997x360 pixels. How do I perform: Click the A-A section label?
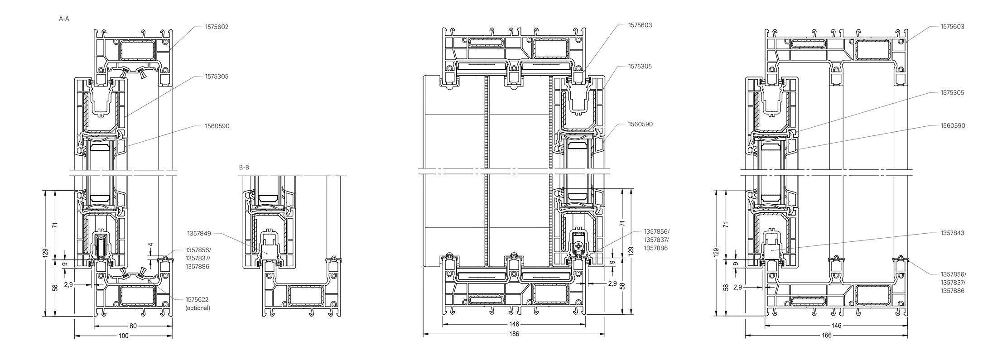[64, 19]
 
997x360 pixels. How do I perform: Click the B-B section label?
[244, 168]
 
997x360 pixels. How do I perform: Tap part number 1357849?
[199, 234]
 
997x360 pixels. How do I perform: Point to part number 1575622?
[197, 300]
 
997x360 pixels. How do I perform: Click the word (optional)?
[198, 308]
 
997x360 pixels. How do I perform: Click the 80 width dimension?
[133, 326]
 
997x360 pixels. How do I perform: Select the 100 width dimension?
[123, 336]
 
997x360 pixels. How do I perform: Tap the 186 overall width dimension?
[514, 334]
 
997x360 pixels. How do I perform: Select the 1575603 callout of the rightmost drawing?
[953, 27]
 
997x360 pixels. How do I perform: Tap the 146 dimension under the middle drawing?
[514, 324]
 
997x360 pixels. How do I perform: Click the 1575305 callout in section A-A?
[217, 77]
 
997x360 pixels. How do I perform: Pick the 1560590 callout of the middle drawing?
[640, 124]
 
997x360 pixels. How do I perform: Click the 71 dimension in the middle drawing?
[622, 223]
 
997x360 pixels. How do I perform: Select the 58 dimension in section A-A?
[56, 288]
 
